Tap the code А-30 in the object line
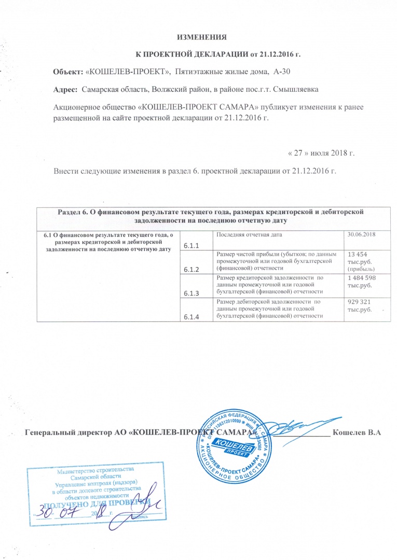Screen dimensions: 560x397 [286, 71]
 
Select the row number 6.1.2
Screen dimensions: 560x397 [192, 270]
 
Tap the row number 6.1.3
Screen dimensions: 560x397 [192, 293]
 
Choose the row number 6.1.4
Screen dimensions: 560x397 [192, 317]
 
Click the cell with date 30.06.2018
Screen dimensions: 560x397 [361, 235]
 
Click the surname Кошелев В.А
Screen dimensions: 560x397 [357, 433]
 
